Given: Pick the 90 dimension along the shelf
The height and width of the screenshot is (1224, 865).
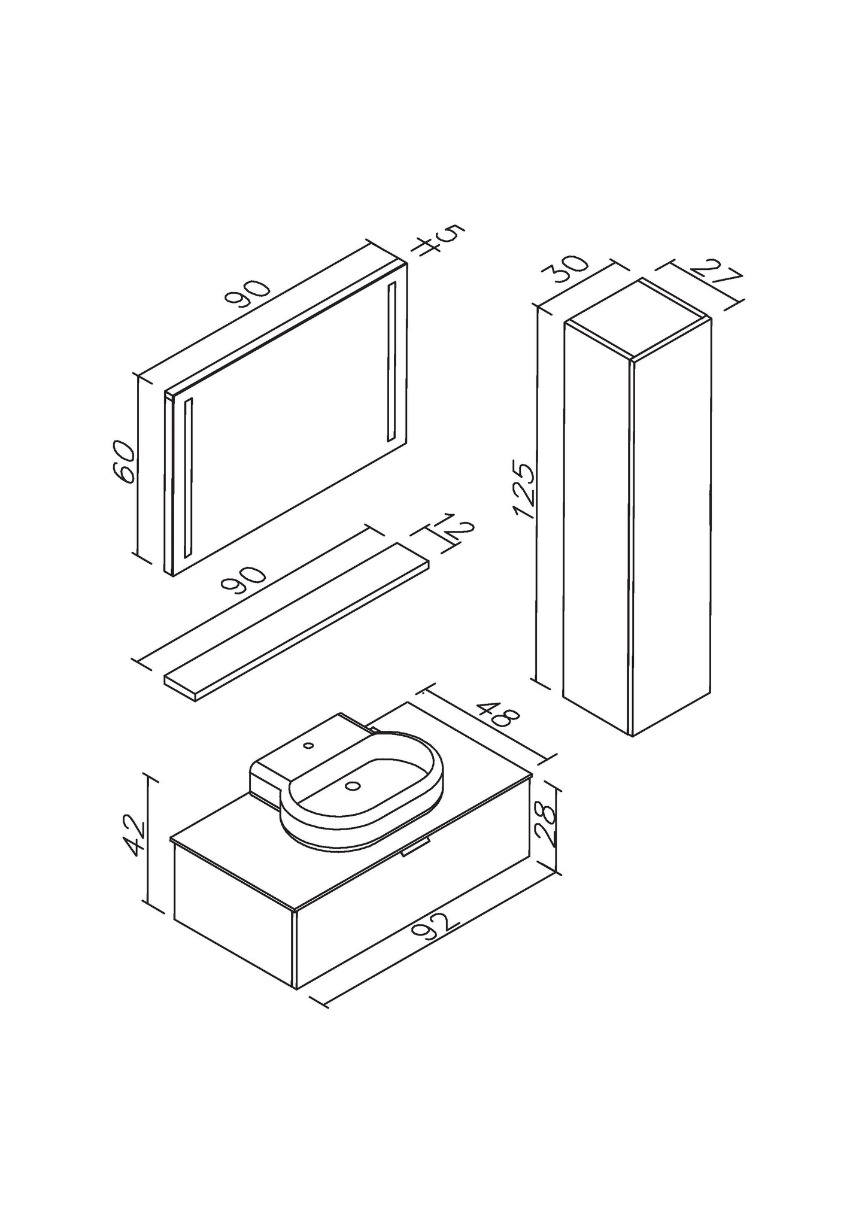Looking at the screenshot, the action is pos(244,577).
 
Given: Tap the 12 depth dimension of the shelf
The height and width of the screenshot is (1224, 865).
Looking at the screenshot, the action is pos(457,527).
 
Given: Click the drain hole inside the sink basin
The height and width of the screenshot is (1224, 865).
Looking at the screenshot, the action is pos(353,786).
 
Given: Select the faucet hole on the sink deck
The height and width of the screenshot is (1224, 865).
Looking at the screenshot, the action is pos(309,746).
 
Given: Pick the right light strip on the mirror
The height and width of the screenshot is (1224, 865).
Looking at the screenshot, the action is pos(392,361).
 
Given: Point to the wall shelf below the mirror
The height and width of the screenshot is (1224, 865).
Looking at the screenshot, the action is pos(298,622).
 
